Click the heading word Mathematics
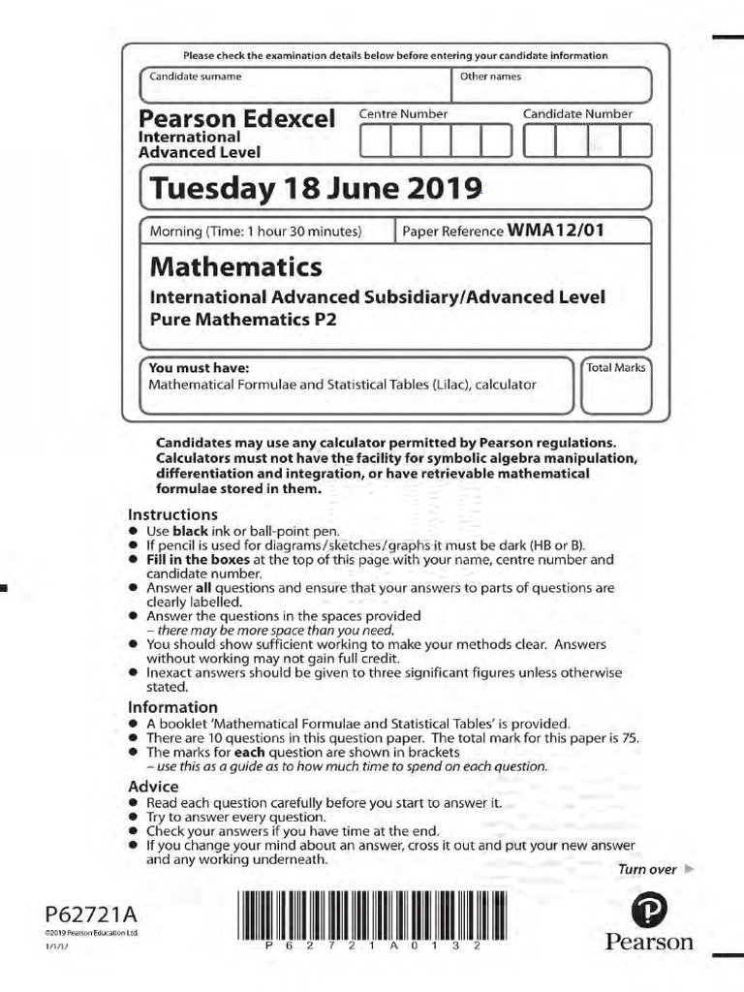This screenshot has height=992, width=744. click(x=235, y=265)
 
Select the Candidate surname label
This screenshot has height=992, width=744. click(x=196, y=76)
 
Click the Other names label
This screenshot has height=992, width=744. click(x=490, y=76)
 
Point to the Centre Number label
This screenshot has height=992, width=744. click(x=403, y=114)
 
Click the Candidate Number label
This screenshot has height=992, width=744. click(x=577, y=114)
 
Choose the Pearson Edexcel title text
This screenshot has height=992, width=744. click(x=237, y=119)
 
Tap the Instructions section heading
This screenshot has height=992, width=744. click(x=172, y=514)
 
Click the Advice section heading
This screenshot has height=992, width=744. click(x=153, y=787)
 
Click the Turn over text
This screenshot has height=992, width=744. click(x=647, y=869)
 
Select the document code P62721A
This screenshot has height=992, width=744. click(x=90, y=915)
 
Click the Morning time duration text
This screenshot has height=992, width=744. click(x=255, y=232)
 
